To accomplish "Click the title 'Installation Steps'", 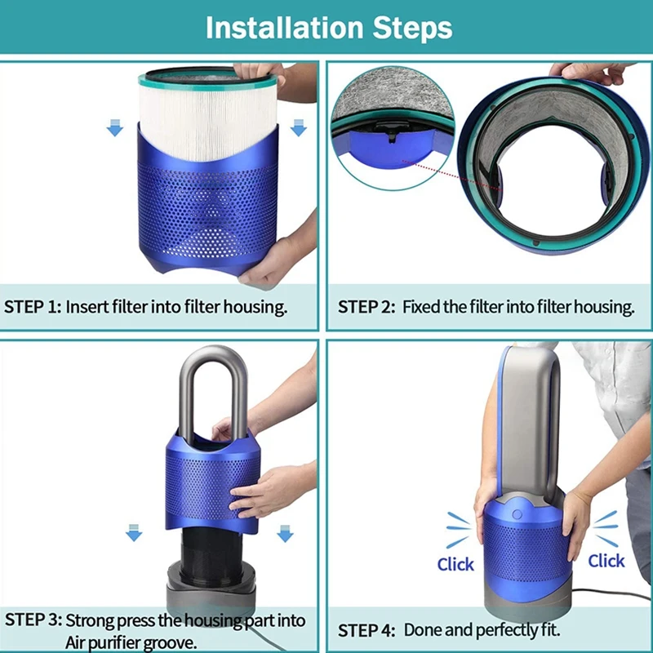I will pos(328,27).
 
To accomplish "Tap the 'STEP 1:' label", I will pos(33,307).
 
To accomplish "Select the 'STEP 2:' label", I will pos(366,307).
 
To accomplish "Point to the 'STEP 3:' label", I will pos(33,620).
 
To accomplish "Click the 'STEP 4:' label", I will pos(366,630).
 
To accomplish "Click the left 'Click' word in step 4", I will pos(455,564).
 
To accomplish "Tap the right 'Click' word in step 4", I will pos(606,560).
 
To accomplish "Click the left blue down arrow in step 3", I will pos(133,533).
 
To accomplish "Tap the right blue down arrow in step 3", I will pos(284,533).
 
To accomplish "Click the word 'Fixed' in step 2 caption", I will pos(422,307).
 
